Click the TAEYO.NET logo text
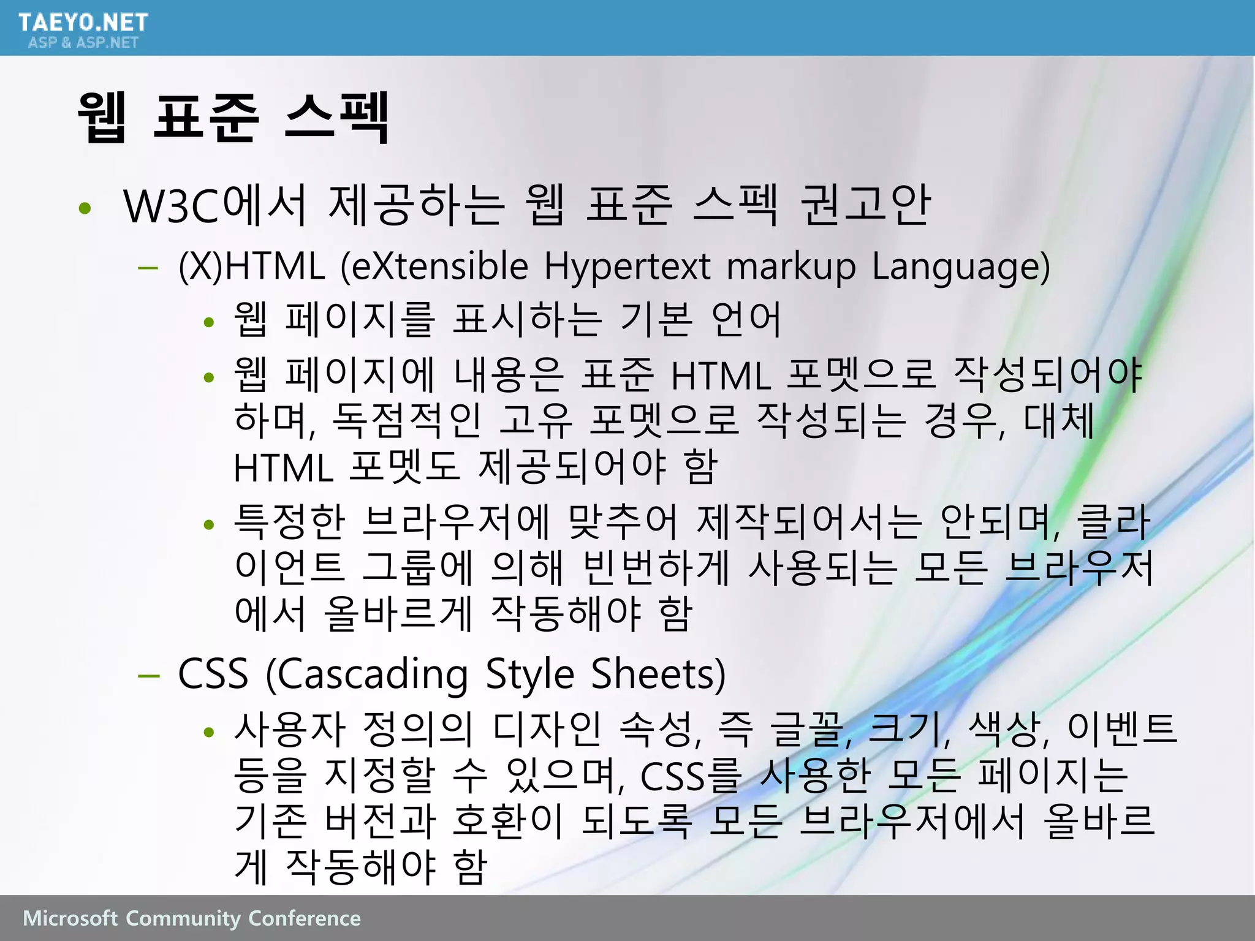pyautogui.click(x=83, y=23)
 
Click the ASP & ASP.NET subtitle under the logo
pyautogui.click(x=83, y=42)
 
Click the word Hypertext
pyautogui.click(x=627, y=267)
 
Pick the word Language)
pyautogui.click(x=961, y=267)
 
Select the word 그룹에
pyautogui.click(x=417, y=567)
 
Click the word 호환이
pyautogui.click(x=507, y=821)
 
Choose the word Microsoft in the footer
pyautogui.click(x=70, y=918)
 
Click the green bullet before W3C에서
pyautogui.click(x=85, y=208)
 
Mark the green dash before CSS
pyautogui.click(x=149, y=676)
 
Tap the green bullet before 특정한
pyautogui.click(x=209, y=524)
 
